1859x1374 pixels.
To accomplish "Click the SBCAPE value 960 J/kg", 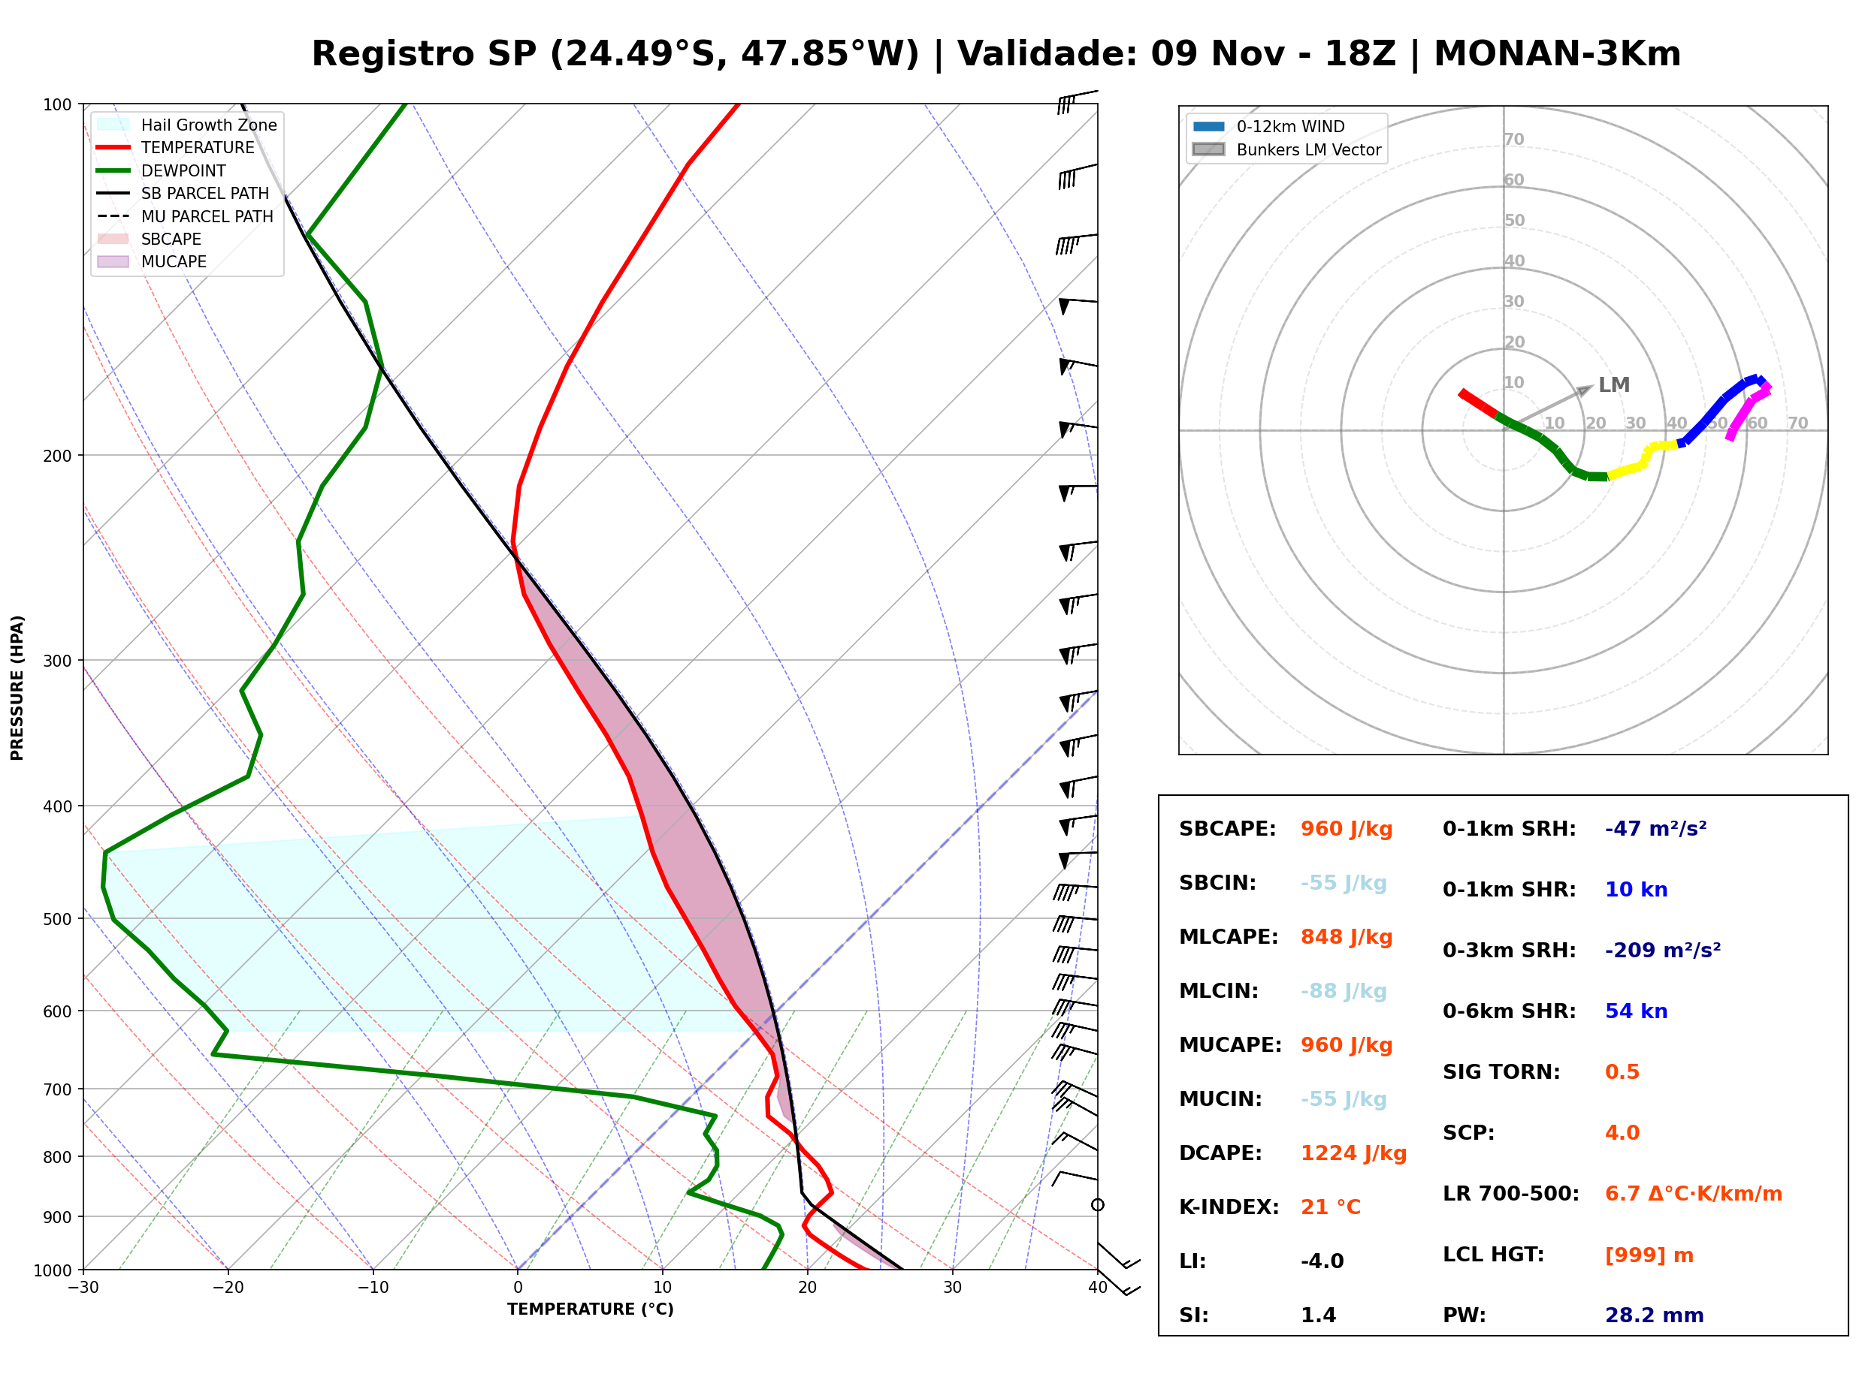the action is point(1346,829).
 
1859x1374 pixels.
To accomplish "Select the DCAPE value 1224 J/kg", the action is point(1353,1153).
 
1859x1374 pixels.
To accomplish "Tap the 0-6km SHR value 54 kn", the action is point(1636,1011).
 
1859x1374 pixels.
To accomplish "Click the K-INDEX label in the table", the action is point(1229,1207).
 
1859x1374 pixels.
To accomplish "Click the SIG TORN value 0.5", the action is point(1622,1072).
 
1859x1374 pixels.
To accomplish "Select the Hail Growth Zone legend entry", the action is point(187,125).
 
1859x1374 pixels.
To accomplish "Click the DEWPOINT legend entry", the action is point(162,170).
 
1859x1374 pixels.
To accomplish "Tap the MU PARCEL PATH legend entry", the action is point(185,216).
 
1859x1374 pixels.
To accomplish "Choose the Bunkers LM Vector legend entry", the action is point(1286,149).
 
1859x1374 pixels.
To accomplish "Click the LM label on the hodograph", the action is point(1613,385).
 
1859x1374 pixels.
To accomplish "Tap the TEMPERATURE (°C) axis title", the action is point(590,1309).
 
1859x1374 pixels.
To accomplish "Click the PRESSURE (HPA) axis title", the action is point(17,688).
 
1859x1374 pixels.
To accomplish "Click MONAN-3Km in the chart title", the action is point(1557,54).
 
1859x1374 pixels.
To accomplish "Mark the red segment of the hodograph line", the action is point(1478,403).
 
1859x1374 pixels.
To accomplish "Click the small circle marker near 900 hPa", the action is point(1098,1205).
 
